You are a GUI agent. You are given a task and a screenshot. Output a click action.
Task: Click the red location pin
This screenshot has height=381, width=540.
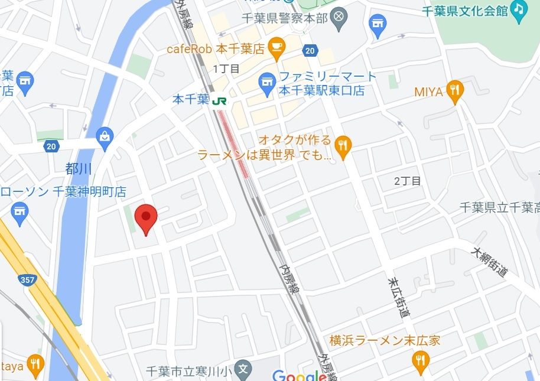pos(145,217)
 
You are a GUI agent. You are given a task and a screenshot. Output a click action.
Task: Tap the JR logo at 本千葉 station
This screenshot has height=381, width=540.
pos(219,101)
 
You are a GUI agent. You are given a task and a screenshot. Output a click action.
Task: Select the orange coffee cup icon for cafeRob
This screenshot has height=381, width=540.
pos(276,45)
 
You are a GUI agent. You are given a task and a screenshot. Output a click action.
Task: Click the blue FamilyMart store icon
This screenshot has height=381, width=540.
pos(268,83)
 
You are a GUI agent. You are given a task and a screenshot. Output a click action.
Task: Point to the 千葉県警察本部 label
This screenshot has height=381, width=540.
pos(285,18)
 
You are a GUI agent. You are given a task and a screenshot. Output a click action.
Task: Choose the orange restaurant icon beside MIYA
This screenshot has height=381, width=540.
pos(454,90)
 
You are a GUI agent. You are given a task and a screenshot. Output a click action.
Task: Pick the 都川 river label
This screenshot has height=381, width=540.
pos(79,170)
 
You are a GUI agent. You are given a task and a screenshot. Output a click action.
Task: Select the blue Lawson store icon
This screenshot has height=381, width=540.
pos(20,211)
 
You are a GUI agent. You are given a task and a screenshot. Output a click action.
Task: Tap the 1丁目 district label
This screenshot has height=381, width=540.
pos(226,69)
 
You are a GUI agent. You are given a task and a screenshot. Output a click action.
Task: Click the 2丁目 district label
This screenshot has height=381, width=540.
pos(408,181)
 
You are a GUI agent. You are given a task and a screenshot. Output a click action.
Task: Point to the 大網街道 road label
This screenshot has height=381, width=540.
pos(490,262)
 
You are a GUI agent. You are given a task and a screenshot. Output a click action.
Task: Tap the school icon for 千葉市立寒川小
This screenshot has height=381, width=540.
pos(242,370)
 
